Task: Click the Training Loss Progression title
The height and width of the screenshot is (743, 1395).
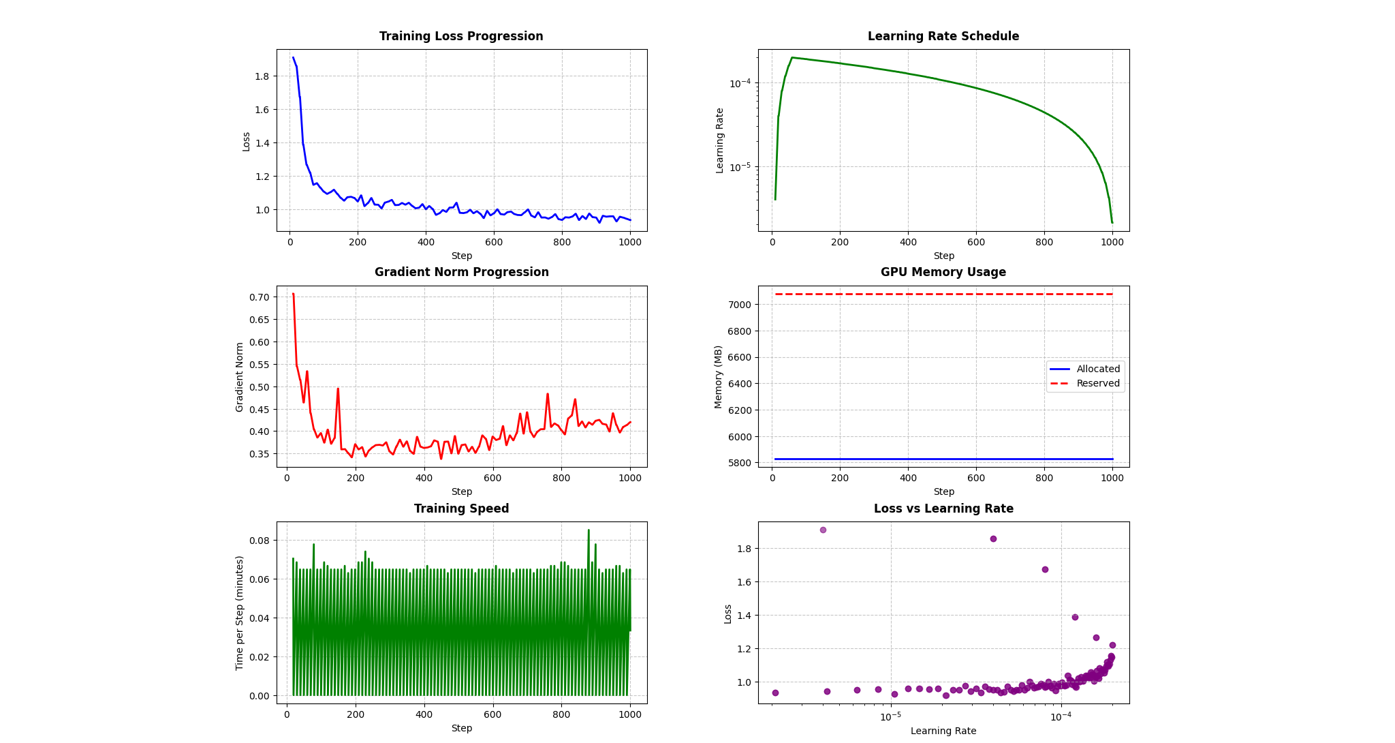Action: pos(461,36)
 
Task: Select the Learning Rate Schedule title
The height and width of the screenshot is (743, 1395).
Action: pos(943,36)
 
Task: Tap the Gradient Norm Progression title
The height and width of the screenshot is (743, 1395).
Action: pos(461,272)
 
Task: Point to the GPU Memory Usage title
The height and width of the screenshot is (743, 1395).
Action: pos(943,272)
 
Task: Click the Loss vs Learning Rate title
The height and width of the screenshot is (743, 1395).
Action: pos(943,509)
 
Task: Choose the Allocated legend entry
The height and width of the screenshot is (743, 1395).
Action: pos(1097,369)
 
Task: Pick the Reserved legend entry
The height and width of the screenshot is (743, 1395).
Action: pos(1097,383)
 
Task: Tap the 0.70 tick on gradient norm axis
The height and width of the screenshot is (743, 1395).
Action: pos(259,297)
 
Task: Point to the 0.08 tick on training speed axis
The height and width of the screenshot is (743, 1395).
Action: pos(259,541)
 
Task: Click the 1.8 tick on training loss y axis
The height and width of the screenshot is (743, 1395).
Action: pos(262,76)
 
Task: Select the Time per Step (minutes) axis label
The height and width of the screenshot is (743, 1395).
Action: pos(240,613)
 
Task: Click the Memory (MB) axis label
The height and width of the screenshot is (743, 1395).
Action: pos(719,376)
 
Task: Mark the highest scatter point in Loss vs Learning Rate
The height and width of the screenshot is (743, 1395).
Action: pos(823,530)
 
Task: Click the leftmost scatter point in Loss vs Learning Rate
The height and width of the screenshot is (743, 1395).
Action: pos(775,693)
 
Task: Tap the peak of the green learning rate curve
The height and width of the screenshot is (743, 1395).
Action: pos(792,58)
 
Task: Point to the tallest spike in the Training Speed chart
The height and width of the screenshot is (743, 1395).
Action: pos(589,530)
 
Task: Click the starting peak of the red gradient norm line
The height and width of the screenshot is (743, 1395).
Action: pos(294,294)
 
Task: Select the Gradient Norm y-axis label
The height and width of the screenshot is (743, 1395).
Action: pos(240,377)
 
